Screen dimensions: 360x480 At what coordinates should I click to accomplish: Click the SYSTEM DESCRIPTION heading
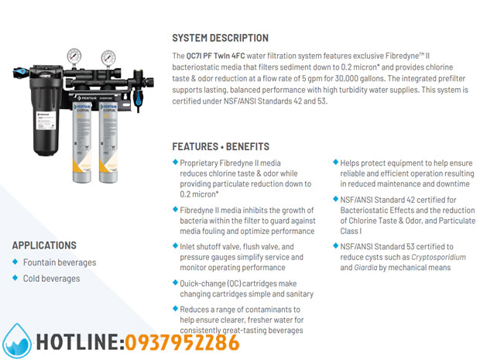click(220, 38)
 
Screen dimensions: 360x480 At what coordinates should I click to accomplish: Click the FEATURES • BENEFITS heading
click(221, 146)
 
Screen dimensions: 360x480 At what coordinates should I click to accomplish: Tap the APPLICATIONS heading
click(44, 245)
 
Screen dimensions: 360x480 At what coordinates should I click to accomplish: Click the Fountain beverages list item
click(60, 262)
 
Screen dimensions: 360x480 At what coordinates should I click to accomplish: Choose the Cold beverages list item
click(51, 279)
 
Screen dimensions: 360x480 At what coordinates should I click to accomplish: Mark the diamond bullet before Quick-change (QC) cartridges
click(175, 283)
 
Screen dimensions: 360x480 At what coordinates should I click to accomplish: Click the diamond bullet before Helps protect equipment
click(335, 163)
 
